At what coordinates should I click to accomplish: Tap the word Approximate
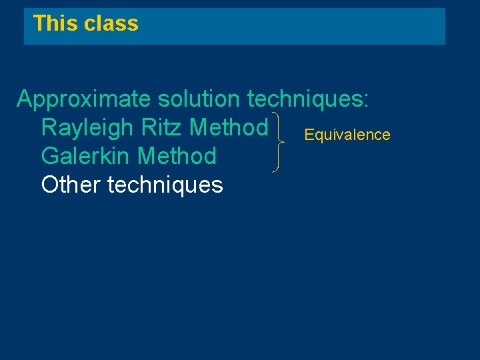[x=84, y=99]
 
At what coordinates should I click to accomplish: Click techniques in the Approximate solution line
[x=303, y=99]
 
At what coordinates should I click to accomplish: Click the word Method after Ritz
[x=229, y=127]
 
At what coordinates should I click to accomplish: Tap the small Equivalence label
[x=347, y=135]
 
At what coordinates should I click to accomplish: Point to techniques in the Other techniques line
[x=165, y=184]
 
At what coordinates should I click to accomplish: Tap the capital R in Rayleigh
[x=49, y=127]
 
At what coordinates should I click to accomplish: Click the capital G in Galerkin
[x=50, y=156]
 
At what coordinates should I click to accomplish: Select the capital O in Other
[x=50, y=184]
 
